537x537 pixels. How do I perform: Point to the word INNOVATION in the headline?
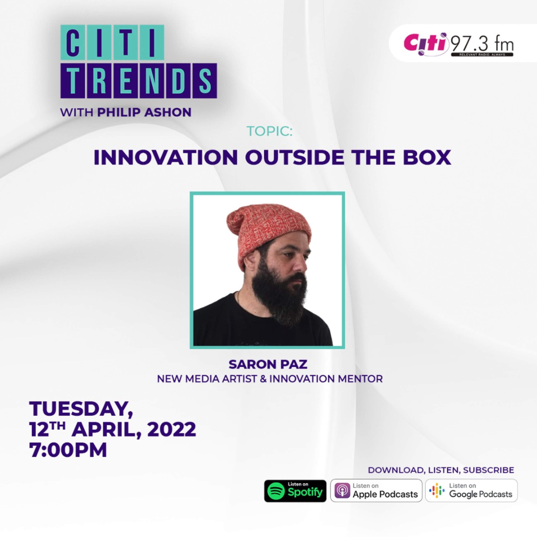click(x=166, y=158)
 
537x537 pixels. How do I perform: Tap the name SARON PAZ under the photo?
click(x=268, y=364)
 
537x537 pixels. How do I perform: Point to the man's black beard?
click(x=278, y=295)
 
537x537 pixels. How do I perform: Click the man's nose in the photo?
click(x=300, y=264)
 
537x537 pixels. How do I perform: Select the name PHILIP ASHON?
click(x=144, y=112)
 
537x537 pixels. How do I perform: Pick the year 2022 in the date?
click(x=171, y=429)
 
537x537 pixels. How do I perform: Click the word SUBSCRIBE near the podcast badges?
click(x=488, y=470)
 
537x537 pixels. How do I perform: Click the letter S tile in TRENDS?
click(x=205, y=81)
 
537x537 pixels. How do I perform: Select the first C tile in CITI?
click(x=73, y=42)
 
